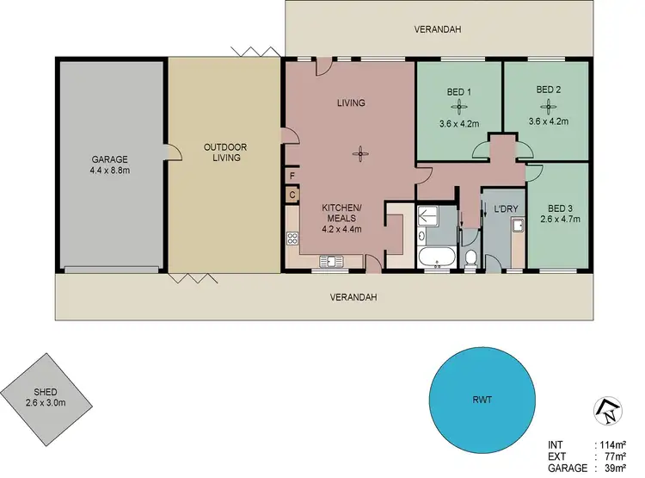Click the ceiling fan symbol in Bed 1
click(x=458, y=107)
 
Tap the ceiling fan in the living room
click(x=359, y=155)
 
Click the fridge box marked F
click(x=293, y=177)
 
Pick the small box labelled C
click(x=293, y=195)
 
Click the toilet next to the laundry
click(x=470, y=257)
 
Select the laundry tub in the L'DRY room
click(x=518, y=227)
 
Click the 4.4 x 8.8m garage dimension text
click(x=109, y=171)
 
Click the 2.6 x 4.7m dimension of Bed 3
click(x=560, y=219)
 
